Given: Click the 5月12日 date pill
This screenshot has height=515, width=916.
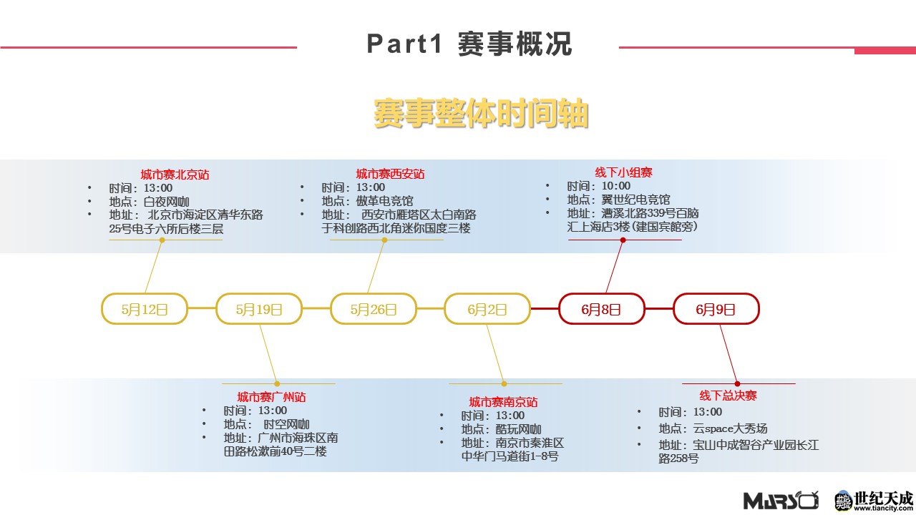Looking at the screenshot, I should point(145,309).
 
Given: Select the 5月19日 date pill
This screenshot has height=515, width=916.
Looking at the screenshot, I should point(259,309).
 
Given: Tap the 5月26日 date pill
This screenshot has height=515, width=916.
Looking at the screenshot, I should point(374,309).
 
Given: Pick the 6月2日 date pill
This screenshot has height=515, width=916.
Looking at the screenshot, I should point(487,309).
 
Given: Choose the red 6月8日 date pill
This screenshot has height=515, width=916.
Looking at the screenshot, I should point(602,309).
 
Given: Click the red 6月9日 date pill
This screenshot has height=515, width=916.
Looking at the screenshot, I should point(716,309).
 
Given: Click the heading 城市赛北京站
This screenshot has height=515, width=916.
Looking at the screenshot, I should point(175,175).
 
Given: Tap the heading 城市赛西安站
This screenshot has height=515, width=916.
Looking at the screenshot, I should point(390,174).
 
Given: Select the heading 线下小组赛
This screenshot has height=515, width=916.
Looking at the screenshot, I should point(623,172).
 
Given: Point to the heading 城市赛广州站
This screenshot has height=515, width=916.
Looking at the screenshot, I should point(271,396).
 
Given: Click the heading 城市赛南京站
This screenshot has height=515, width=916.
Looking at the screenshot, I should point(503,402).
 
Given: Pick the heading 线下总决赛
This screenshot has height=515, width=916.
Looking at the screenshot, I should point(728,396).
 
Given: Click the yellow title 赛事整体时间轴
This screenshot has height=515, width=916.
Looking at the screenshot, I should point(480,114).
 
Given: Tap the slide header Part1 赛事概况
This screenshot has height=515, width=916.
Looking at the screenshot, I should point(469,44).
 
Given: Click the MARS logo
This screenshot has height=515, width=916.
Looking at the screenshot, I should point(780,500).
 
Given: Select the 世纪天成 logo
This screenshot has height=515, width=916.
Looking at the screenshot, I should point(874,500).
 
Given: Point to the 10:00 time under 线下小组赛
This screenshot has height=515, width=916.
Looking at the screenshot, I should point(616,186).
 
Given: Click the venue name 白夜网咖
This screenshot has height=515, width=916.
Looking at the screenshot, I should point(166,201).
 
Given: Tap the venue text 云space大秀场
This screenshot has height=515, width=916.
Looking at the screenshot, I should point(730,428).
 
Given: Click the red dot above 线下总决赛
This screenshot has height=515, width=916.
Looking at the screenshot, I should point(737,384).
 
